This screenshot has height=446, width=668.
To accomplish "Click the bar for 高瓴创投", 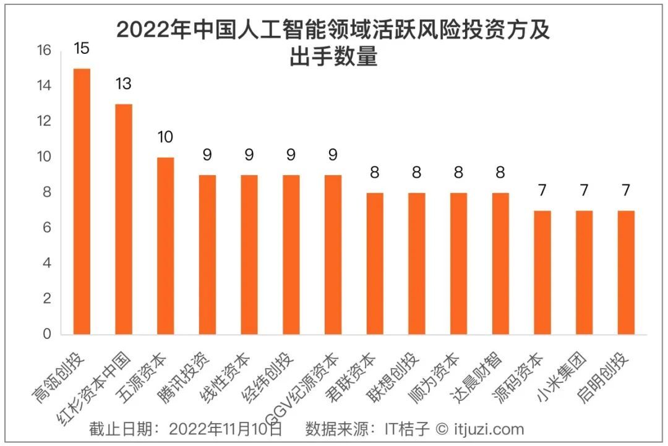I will pyautogui.click(x=82, y=202).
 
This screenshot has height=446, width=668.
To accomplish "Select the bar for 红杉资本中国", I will pyautogui.click(x=124, y=220).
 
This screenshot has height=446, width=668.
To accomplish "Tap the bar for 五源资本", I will pyautogui.click(x=166, y=246).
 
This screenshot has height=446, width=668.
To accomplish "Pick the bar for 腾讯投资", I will pyautogui.click(x=207, y=255).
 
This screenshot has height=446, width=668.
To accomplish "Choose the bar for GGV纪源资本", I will pyautogui.click(x=333, y=255).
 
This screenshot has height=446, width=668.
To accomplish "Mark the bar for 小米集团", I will pyautogui.click(x=584, y=273).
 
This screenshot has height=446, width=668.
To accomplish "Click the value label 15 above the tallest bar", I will pyautogui.click(x=82, y=48).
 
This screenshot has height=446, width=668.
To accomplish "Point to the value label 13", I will pyautogui.click(x=123, y=84).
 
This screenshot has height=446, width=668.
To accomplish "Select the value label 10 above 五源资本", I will pyautogui.click(x=165, y=137).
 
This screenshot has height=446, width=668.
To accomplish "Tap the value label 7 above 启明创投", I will pyautogui.click(x=626, y=190).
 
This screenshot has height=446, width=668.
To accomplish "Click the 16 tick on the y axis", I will pyautogui.click(x=43, y=51).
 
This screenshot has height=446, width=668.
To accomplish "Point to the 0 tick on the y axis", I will pyautogui.click(x=47, y=335).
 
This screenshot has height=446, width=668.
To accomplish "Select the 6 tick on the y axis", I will pyautogui.click(x=47, y=228).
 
